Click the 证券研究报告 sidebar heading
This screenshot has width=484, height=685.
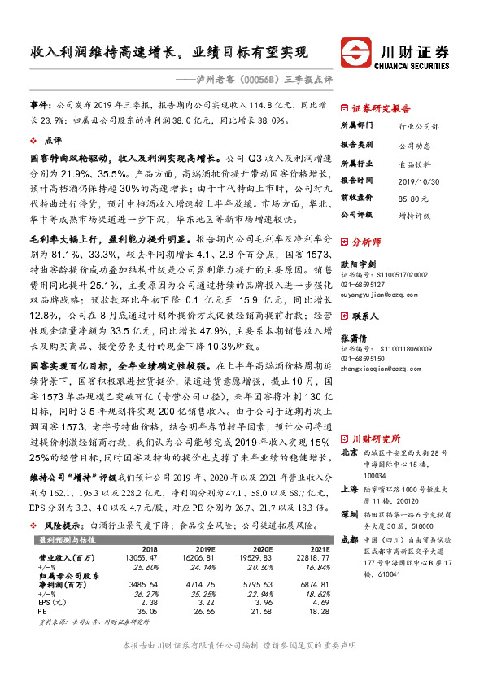pyautogui.click(x=381, y=108)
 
